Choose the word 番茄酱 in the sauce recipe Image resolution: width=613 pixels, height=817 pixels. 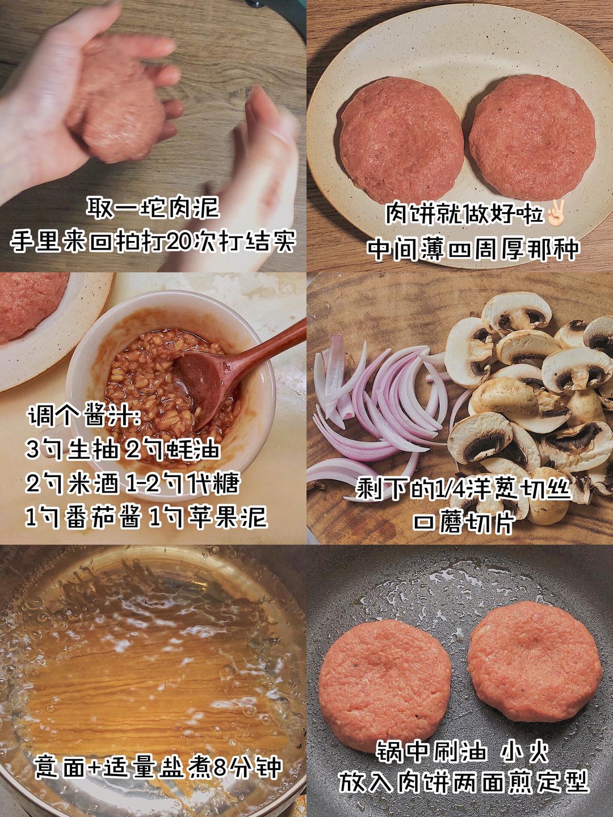[102, 518]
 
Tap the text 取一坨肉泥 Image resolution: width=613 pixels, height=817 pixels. [153, 208]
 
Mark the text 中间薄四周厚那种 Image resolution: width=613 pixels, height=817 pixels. [473, 249]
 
